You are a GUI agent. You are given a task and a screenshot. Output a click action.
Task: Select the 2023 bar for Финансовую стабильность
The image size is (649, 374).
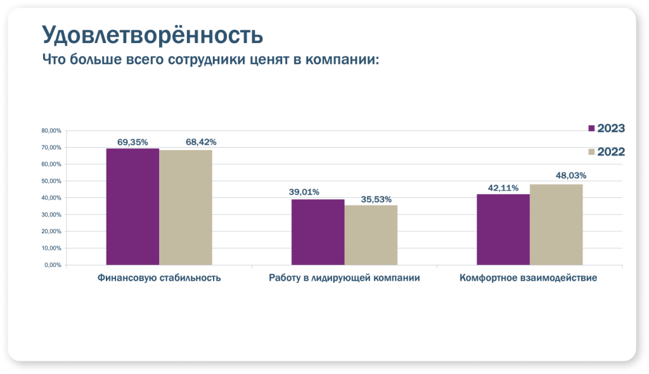click(x=132, y=207)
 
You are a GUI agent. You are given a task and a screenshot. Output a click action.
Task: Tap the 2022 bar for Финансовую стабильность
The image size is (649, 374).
click(x=186, y=207)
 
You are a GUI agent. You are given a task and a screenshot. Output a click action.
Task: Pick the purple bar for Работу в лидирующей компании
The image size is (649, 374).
click(x=318, y=232)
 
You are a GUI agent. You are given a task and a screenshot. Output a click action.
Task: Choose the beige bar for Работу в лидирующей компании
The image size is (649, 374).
click(x=371, y=235)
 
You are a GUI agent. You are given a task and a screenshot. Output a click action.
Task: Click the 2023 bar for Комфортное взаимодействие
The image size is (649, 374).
click(x=503, y=229)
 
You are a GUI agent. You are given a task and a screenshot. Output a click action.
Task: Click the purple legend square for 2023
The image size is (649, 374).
click(x=591, y=129)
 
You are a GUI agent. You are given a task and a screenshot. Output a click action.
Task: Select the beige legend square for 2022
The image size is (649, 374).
click(x=591, y=152)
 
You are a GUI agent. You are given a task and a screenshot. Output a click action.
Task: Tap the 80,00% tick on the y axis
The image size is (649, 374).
click(x=51, y=131)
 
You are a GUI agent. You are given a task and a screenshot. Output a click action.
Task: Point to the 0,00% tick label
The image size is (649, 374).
click(x=53, y=265)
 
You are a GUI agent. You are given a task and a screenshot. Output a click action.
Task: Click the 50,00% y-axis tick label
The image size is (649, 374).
click(x=51, y=181)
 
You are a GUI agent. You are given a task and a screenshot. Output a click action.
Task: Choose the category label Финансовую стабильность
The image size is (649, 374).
click(x=159, y=278)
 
